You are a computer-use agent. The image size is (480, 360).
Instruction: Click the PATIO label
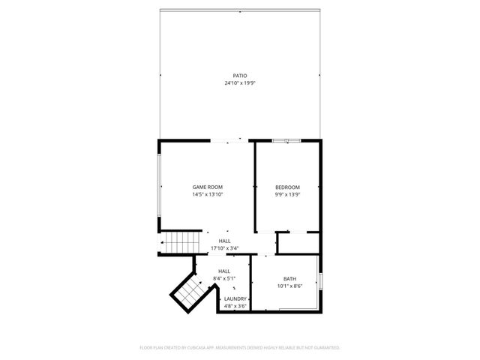click(x=239, y=76)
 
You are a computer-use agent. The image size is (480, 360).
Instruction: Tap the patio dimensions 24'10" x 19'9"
click(x=239, y=83)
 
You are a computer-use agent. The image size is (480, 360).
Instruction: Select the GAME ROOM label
click(x=208, y=187)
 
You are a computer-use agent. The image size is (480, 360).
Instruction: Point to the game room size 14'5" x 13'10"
click(x=208, y=194)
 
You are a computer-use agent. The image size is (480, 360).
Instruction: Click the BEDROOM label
click(x=287, y=187)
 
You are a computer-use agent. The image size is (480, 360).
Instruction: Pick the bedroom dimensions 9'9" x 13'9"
click(x=287, y=194)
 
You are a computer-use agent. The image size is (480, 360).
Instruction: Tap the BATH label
click(x=289, y=279)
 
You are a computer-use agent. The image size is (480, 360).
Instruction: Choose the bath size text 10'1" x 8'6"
click(x=289, y=286)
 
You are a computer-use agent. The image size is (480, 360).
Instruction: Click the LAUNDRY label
click(x=235, y=298)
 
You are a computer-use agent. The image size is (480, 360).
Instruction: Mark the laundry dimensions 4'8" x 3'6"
click(x=235, y=306)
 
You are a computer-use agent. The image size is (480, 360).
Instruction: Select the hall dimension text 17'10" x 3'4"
click(x=225, y=248)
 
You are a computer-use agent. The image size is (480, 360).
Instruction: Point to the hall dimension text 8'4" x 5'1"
click(x=224, y=278)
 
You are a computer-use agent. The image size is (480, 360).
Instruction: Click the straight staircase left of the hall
click(x=182, y=243)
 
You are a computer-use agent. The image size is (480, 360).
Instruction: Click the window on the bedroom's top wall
click(x=286, y=140)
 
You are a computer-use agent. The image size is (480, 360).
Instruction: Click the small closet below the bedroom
click(x=298, y=243)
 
